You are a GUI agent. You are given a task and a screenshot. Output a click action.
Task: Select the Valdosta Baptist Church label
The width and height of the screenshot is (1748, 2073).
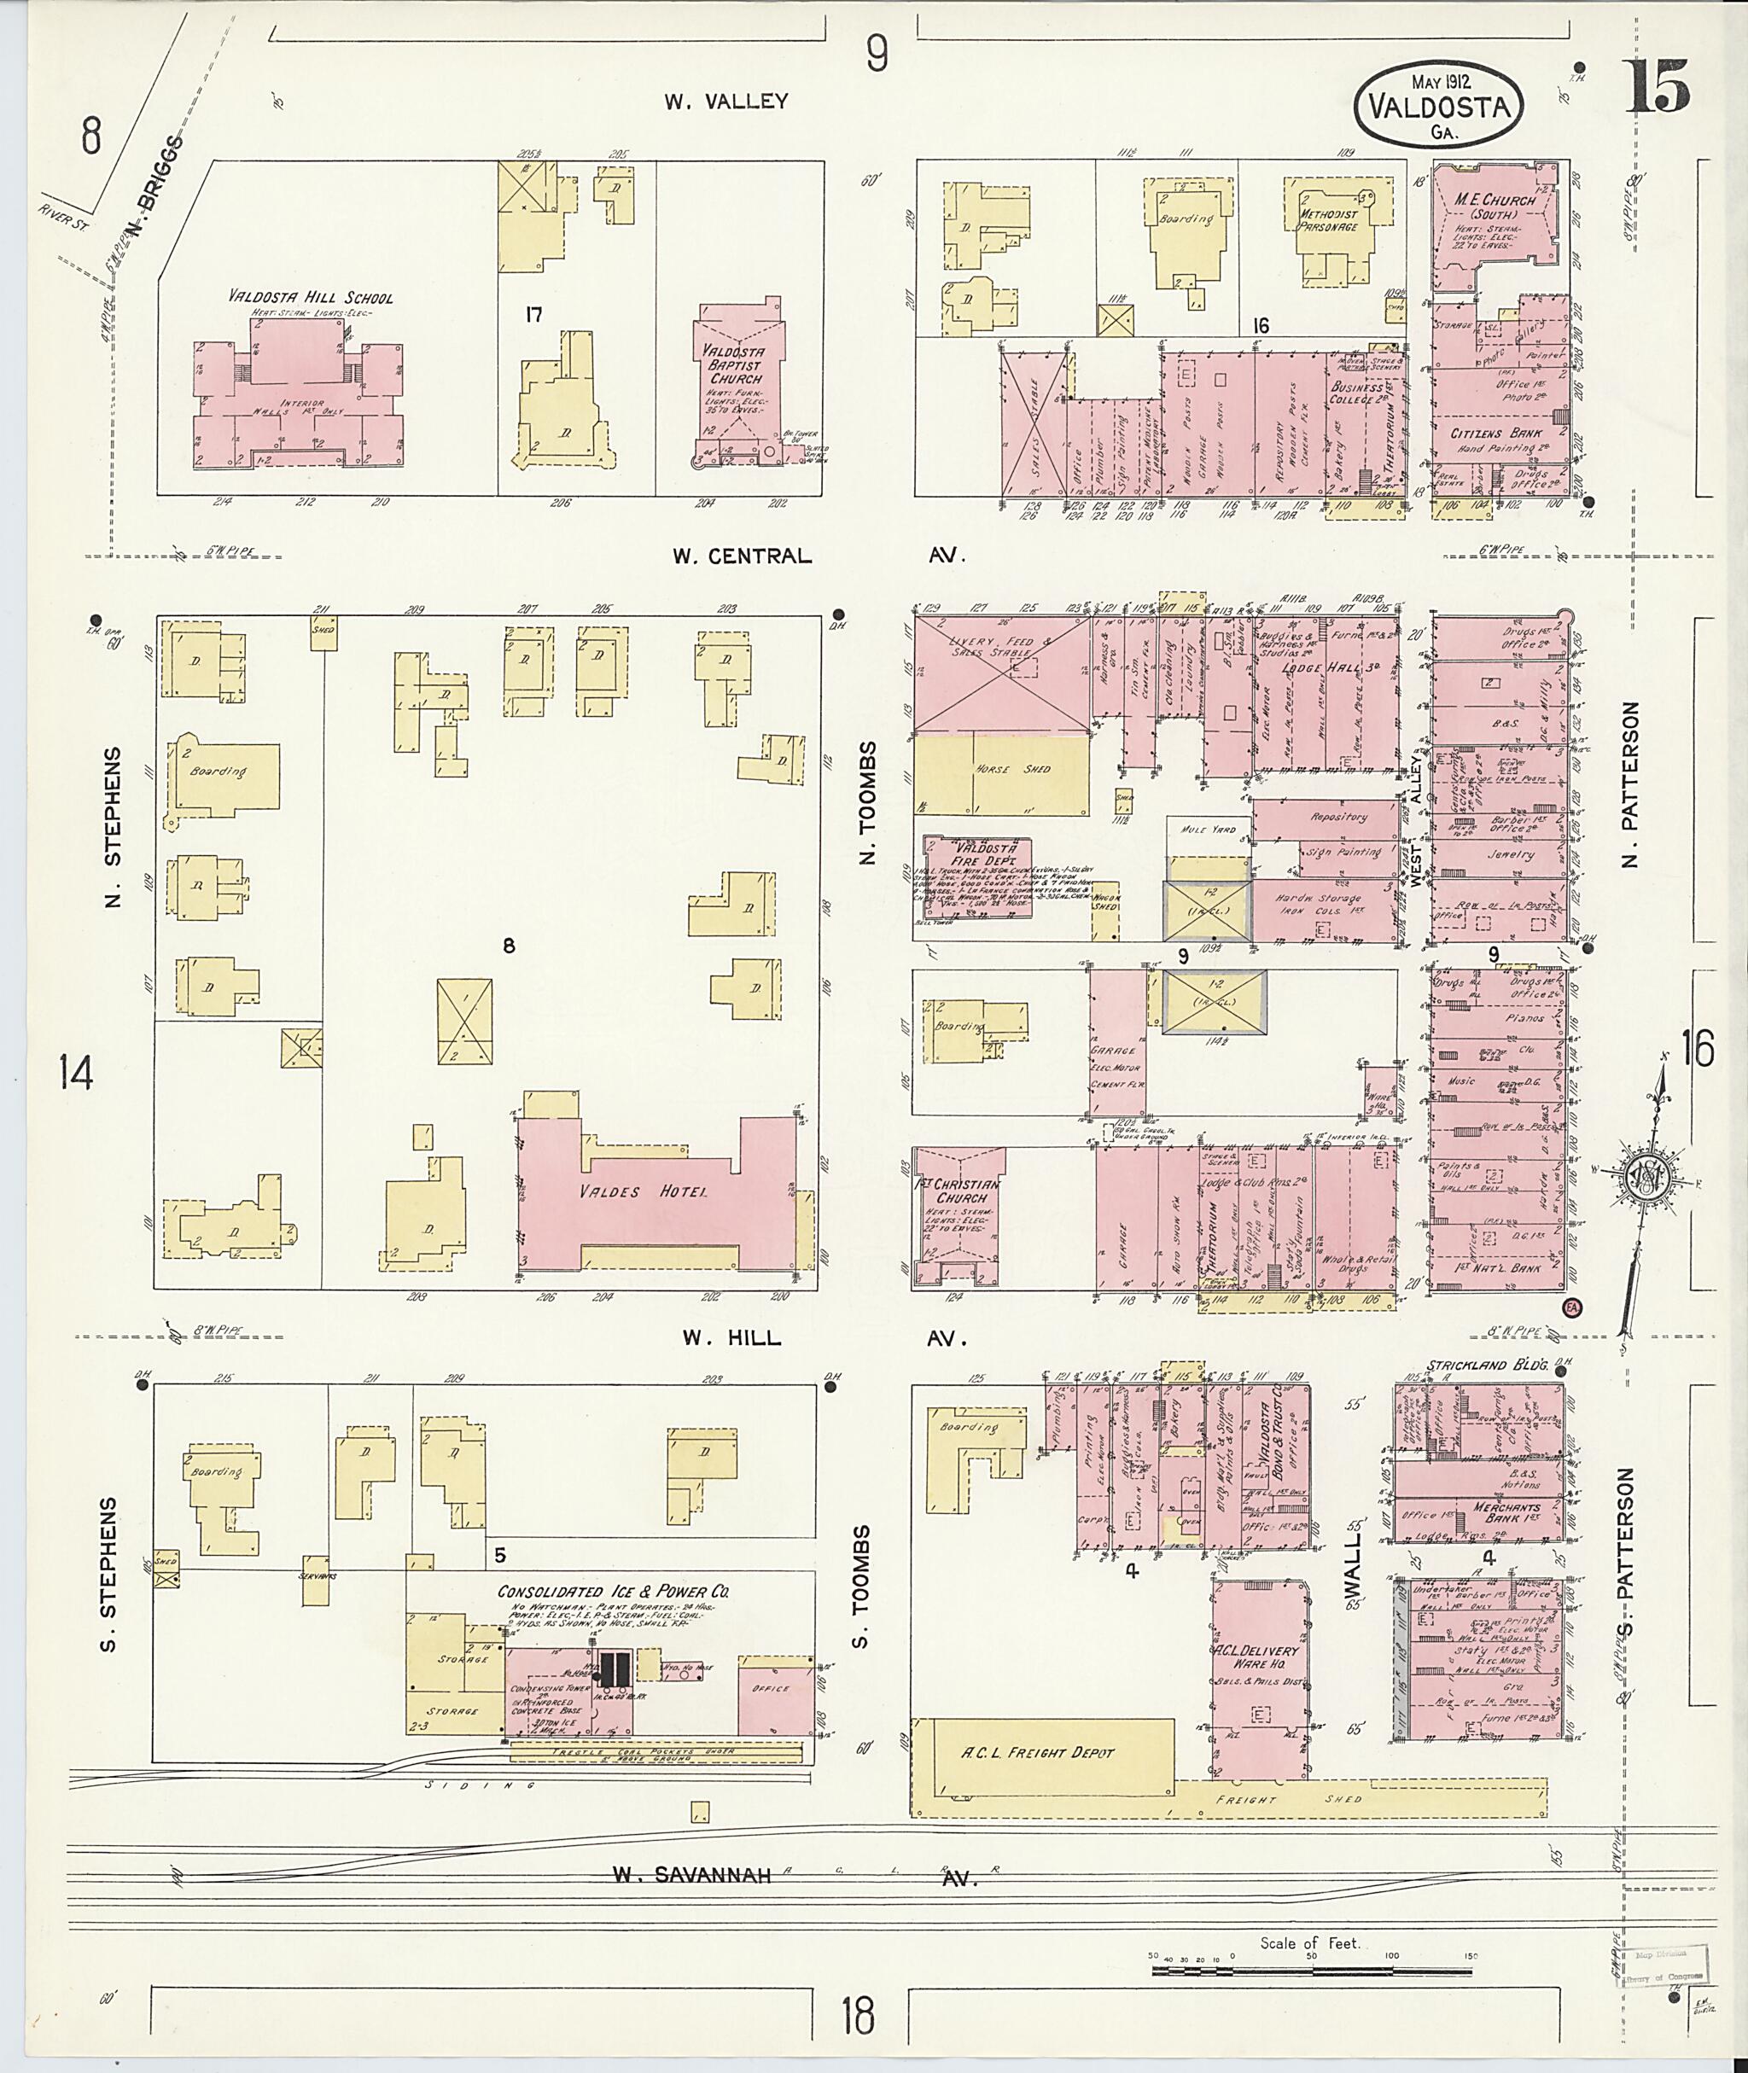click(x=735, y=364)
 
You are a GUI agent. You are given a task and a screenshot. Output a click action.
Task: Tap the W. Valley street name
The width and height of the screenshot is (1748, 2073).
click(x=726, y=101)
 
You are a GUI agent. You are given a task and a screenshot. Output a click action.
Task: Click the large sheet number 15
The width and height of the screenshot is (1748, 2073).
click(x=1656, y=88)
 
